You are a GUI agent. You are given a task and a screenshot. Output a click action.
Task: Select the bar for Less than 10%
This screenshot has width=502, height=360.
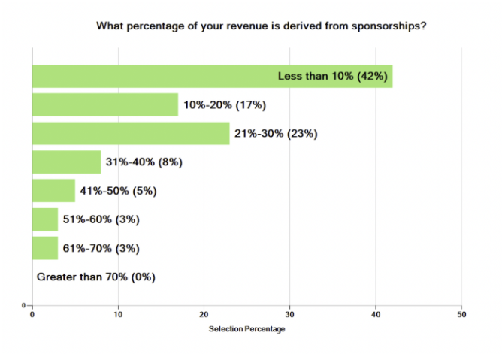pyautogui.click(x=150, y=76)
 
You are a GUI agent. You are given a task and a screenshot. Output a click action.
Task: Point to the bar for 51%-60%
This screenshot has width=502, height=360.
pyautogui.click(x=44, y=219)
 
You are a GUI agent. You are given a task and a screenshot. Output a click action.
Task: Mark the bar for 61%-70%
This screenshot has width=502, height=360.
pyautogui.click(x=44, y=248)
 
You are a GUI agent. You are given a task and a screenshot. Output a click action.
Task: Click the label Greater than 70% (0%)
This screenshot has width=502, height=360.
pyautogui.click(x=95, y=277)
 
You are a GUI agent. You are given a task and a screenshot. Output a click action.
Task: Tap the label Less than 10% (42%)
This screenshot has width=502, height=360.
pyautogui.click(x=333, y=76)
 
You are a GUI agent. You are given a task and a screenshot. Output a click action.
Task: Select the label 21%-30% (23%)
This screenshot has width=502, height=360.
pyautogui.click(x=277, y=134)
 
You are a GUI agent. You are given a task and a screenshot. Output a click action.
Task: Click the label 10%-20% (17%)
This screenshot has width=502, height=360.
pyautogui.click(x=224, y=105)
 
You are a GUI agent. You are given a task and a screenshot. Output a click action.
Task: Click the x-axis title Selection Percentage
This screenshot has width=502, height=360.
pyautogui.click(x=246, y=329)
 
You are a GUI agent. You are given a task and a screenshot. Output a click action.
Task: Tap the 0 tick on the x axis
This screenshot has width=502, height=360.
pyautogui.click(x=32, y=315)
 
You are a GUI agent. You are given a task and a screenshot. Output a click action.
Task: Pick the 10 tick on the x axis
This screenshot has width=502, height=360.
pyautogui.click(x=118, y=315)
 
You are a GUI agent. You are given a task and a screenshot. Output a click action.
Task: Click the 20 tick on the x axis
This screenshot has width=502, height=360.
pyautogui.click(x=204, y=315)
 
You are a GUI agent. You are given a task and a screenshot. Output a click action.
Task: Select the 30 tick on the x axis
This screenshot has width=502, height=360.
pyautogui.click(x=290, y=315)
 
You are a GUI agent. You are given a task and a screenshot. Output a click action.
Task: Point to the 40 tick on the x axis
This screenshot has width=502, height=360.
pyautogui.click(x=376, y=315)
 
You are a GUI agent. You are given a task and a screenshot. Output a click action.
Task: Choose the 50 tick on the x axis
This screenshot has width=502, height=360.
pyautogui.click(x=461, y=315)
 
